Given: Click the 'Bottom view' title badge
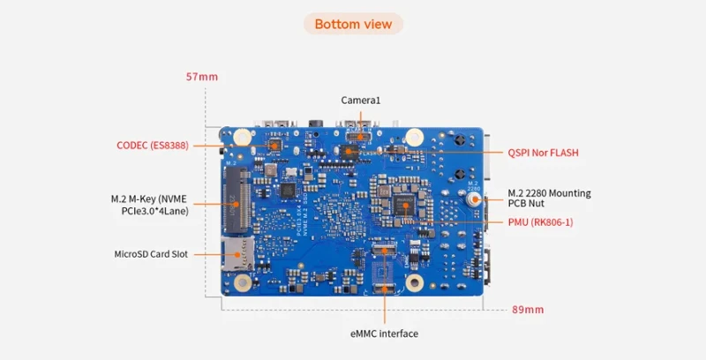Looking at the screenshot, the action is (x=353, y=24).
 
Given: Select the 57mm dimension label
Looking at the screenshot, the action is (x=201, y=77).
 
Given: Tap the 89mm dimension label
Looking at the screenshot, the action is (x=528, y=310).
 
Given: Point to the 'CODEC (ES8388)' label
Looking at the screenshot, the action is (x=152, y=145).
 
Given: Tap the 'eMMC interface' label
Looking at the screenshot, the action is (x=384, y=334).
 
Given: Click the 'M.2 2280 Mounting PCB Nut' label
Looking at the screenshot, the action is (x=549, y=198).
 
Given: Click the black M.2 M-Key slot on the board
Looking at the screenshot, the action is (x=236, y=194).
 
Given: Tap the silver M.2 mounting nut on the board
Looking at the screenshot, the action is (x=473, y=200).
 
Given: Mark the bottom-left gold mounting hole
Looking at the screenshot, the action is (x=240, y=282).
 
